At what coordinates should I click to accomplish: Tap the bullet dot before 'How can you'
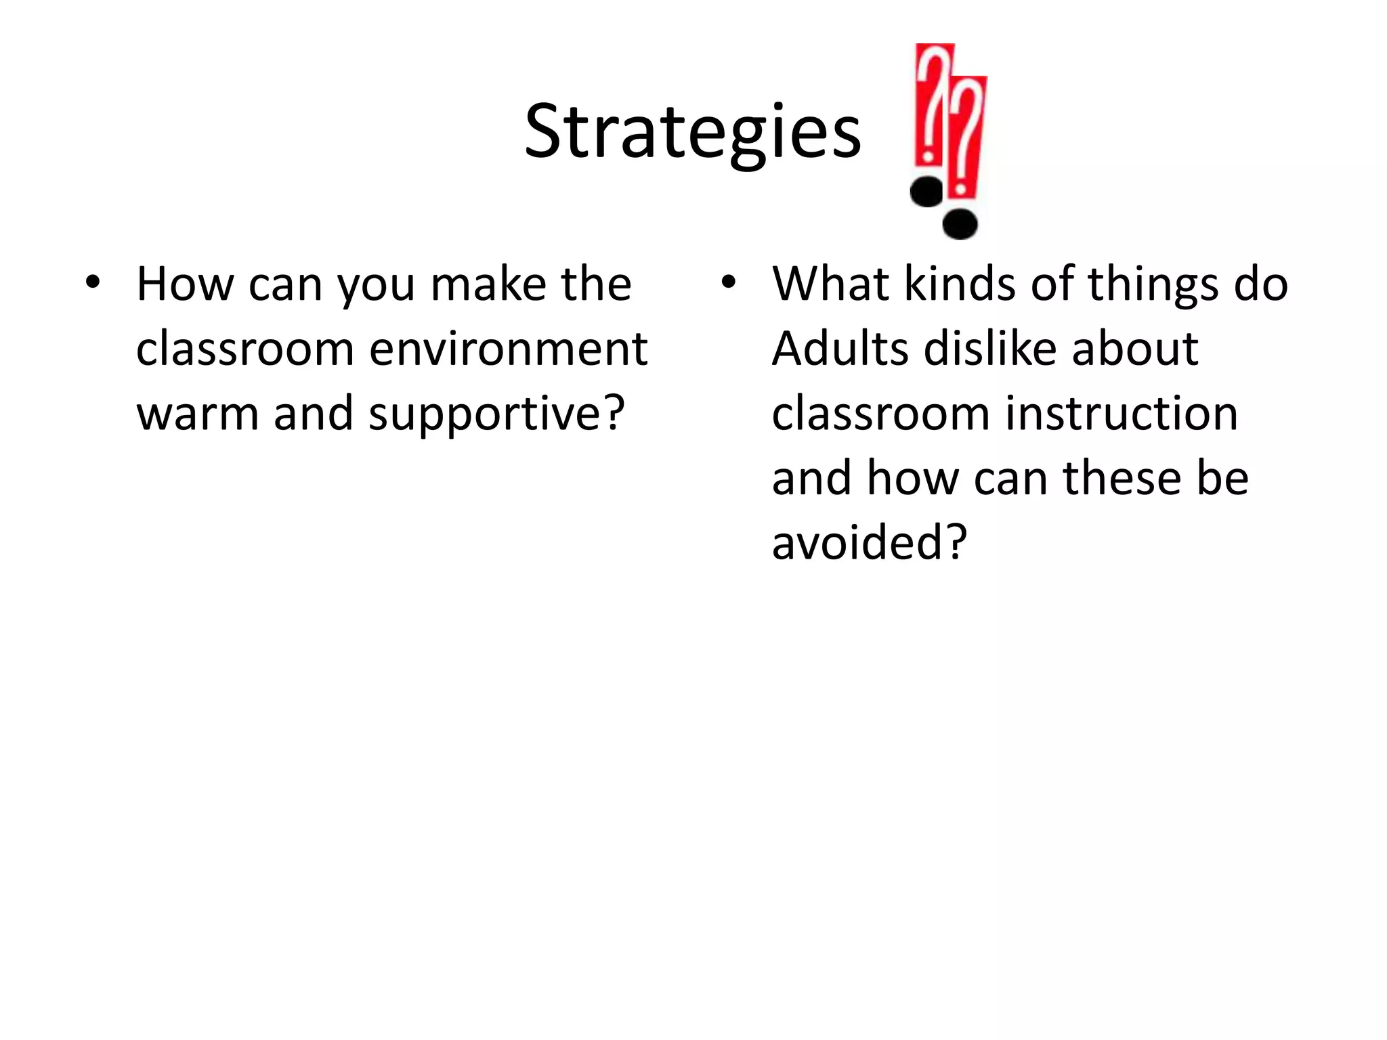[x=92, y=282]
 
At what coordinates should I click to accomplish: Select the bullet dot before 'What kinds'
[x=727, y=282]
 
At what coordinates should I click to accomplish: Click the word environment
[x=509, y=349]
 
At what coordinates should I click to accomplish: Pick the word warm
[x=198, y=413]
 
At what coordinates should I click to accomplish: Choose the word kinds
[x=960, y=284]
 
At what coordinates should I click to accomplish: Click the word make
[x=488, y=284]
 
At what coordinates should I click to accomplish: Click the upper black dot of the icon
[x=926, y=192]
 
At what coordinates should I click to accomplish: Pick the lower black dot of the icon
[x=960, y=224]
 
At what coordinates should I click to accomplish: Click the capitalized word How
[x=184, y=284]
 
